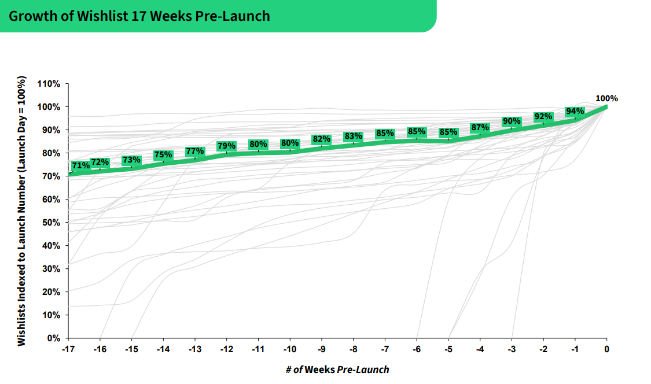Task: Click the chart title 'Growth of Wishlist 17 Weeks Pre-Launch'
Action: [x=139, y=16]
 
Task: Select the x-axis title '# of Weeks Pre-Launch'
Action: [x=337, y=370]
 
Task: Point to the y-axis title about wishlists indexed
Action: [x=21, y=211]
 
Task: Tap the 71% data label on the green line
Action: [x=81, y=166]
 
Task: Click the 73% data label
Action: [x=131, y=160]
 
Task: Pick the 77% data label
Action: [x=195, y=152]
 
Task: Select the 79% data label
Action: [x=226, y=146]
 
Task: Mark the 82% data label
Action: [x=321, y=139]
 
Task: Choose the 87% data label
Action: [x=480, y=128]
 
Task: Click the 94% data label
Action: [x=575, y=112]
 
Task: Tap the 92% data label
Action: [x=543, y=117]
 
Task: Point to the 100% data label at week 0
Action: [x=606, y=98]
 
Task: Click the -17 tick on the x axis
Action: [x=68, y=349]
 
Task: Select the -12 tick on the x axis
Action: [x=226, y=349]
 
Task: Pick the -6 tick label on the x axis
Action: [x=417, y=349]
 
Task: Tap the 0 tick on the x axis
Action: [x=606, y=349]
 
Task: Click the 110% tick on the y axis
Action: [x=49, y=84]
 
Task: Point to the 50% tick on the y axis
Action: [x=51, y=223]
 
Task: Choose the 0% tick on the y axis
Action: [x=53, y=338]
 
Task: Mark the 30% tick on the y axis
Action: [x=51, y=269]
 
